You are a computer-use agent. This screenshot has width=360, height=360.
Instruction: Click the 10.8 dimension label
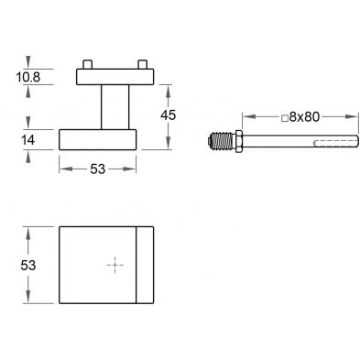[28, 77]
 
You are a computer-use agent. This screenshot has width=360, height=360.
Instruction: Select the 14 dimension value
[27, 140]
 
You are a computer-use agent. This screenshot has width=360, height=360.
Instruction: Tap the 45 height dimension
[169, 115]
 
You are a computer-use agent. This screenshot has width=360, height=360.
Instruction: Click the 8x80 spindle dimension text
[304, 117]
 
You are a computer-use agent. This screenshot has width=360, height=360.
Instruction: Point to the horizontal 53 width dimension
[98, 169]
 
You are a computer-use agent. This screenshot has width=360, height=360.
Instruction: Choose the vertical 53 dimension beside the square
[28, 266]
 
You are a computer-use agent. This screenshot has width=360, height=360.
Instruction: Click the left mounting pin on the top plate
[87, 64]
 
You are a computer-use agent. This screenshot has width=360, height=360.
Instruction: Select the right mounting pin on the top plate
[143, 64]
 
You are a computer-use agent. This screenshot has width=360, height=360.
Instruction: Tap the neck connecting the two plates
[115, 107]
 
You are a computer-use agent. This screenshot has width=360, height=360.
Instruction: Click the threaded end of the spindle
[222, 141]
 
